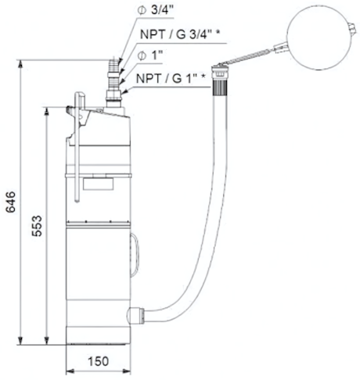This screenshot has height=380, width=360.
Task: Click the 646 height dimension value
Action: click(x=11, y=203)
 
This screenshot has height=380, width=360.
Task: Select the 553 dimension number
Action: click(x=37, y=226)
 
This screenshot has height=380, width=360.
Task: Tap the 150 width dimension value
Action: click(x=99, y=361)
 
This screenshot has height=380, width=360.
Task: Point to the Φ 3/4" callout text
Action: click(x=156, y=10)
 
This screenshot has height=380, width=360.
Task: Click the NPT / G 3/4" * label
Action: click(x=180, y=34)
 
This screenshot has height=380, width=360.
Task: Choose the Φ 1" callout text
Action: click(x=150, y=56)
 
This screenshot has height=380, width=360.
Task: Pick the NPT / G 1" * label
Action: click(x=171, y=78)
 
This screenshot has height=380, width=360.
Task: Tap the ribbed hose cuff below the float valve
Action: click(x=221, y=87)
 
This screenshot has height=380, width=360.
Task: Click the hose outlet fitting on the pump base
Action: click(x=135, y=315)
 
